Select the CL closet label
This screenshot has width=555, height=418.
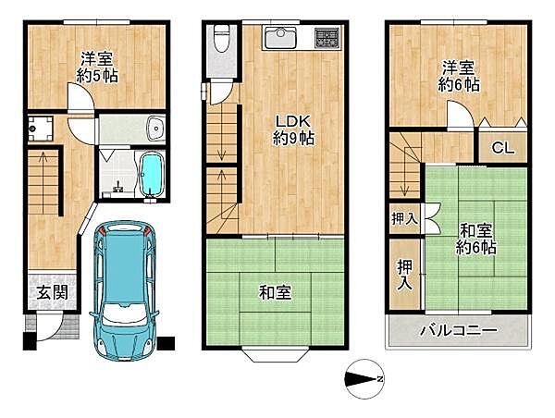(502, 147)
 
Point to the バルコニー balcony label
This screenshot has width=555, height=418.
(459, 330)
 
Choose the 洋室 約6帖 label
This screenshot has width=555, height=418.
(459, 75)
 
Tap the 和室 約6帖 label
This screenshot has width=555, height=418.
(475, 238)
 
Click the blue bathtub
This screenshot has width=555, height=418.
(150, 174)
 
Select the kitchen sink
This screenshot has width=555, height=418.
(280, 38)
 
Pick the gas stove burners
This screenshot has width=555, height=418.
(327, 39)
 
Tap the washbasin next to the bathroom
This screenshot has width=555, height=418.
(154, 128)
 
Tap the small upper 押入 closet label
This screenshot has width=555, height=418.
(404, 218)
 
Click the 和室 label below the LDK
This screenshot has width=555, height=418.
(275, 293)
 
